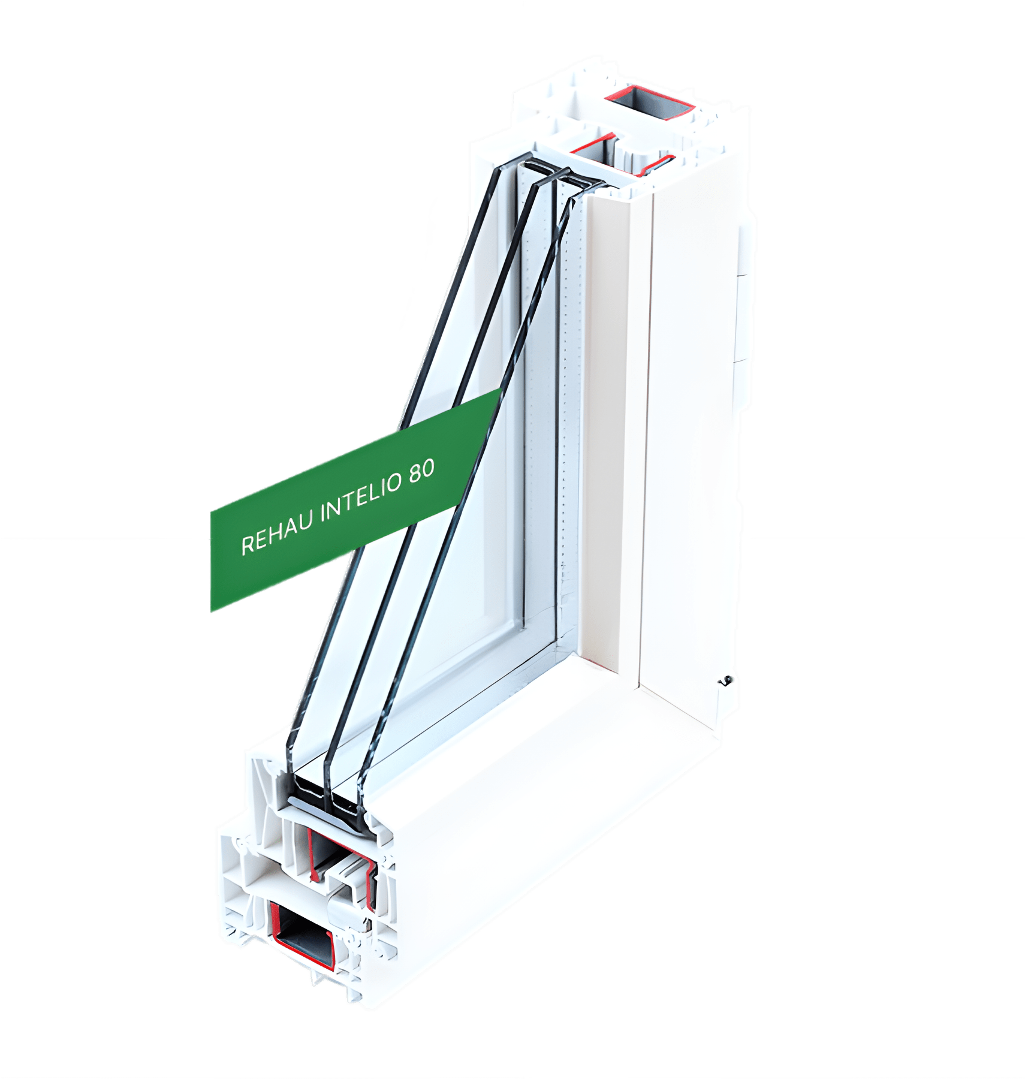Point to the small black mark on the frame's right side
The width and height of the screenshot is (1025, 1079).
pos(725,680)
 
